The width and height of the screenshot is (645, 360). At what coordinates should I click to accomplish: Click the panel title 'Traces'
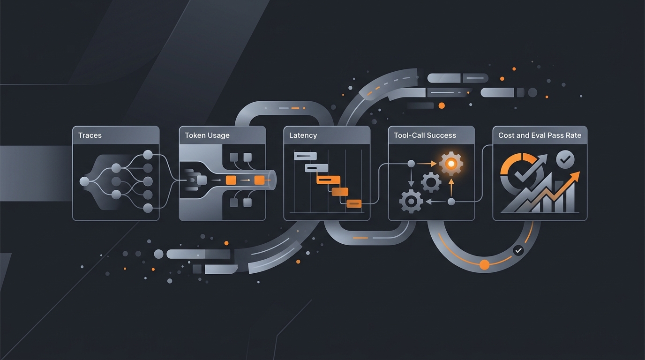(90, 135)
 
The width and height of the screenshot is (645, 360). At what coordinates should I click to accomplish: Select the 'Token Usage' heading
(207, 135)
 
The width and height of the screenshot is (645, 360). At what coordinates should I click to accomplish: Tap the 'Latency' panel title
(303, 135)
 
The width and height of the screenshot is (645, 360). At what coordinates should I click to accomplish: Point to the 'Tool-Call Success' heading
(425, 135)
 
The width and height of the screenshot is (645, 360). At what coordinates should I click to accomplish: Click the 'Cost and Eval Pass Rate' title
(540, 135)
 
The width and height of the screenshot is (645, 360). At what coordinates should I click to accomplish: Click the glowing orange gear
(451, 164)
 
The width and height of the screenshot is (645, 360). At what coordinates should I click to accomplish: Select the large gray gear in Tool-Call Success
(411, 201)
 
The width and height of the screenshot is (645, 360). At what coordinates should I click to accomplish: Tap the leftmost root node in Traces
(84, 181)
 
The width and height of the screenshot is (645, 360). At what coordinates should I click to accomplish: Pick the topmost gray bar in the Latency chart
(305, 156)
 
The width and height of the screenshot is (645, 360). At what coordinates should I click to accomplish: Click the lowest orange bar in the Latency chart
(354, 203)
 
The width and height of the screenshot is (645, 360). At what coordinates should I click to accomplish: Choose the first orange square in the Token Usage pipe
(231, 180)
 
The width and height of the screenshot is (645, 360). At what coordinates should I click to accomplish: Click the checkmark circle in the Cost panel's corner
(565, 159)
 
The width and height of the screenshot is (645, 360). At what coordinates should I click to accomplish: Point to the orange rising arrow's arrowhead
(575, 176)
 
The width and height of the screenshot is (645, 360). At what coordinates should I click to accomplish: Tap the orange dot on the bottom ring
(484, 264)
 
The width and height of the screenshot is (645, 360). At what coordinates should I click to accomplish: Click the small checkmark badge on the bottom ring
(518, 251)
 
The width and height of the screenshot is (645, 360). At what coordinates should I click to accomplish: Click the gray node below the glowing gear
(451, 202)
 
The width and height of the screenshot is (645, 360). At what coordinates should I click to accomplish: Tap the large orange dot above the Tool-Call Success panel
(442, 105)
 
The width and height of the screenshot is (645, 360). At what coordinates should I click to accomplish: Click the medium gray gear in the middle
(431, 182)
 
